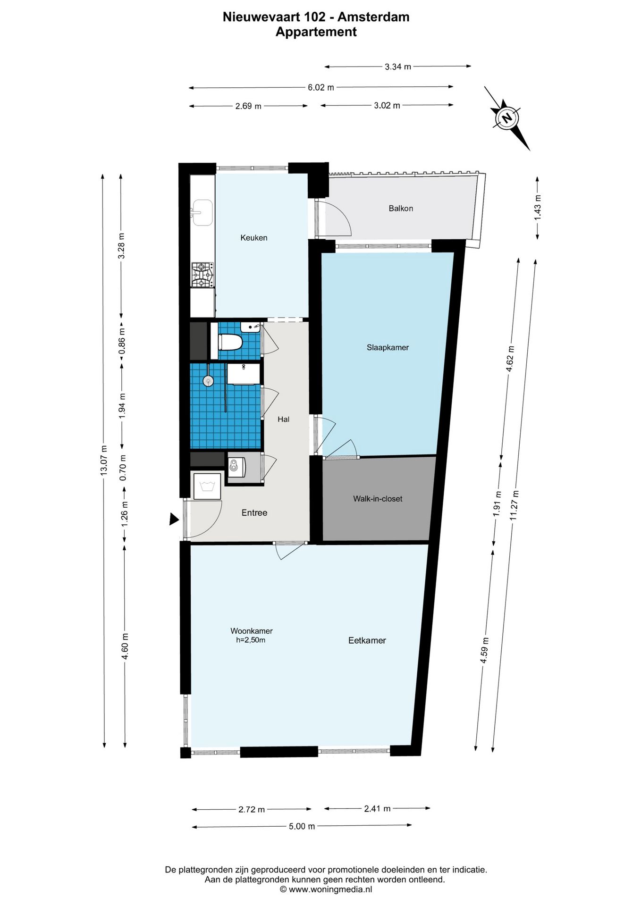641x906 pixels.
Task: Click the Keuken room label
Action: coord(254,238)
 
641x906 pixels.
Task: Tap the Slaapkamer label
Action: coord(388,348)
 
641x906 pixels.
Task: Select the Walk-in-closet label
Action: coord(378,499)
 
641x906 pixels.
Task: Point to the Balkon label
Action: coord(401,208)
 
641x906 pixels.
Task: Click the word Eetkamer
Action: coord(367,640)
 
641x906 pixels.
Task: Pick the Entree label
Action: coord(254,512)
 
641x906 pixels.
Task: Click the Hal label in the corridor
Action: coord(283,419)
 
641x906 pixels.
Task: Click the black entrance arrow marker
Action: coord(174,520)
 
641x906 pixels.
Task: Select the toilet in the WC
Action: coord(230,342)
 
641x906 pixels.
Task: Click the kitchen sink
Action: coord(202,212)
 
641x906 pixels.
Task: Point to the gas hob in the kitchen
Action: coord(202,275)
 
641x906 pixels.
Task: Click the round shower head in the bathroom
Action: coord(208,380)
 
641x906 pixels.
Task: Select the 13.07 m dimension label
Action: coord(104,461)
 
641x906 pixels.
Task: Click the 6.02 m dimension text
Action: coord(321,87)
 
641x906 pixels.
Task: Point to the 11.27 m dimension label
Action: coord(514,505)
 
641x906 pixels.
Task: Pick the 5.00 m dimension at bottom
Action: coord(302,826)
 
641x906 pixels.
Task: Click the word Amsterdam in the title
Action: coord(373,17)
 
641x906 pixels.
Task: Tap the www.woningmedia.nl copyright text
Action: coord(326,889)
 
